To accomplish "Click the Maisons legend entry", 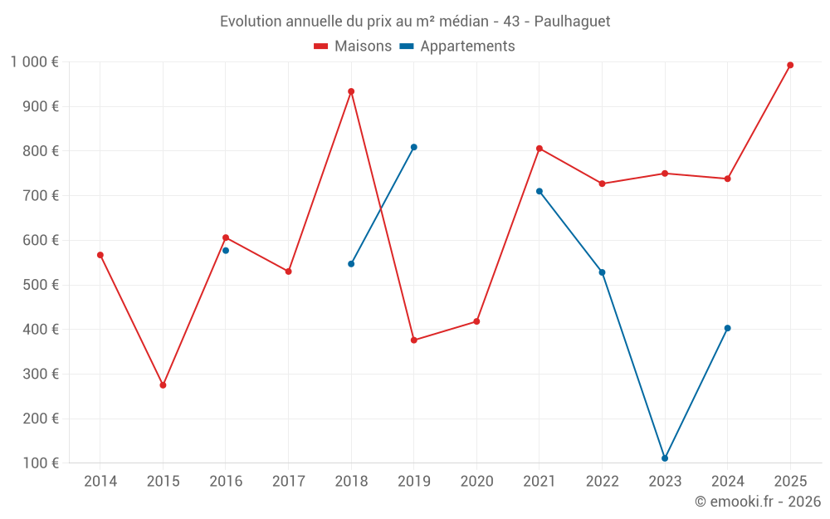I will point(353,47).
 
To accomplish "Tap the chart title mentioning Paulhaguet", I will point(415,22).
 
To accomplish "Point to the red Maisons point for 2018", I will point(351,91).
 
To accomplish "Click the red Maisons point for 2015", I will point(163,385).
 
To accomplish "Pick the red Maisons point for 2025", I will point(790,65).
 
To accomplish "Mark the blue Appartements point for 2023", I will point(665,458).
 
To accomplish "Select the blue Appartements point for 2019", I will point(414,147).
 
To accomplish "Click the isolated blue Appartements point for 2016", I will point(226,250).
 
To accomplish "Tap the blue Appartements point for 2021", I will point(539,191).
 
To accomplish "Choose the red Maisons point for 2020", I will point(476,321).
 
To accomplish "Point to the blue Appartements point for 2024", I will point(728,328).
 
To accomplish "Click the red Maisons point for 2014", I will point(100,255).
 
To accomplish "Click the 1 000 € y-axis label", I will point(34,61).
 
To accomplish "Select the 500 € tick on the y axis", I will point(42,285).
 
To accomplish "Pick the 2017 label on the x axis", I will point(288,482).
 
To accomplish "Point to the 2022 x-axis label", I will point(602,482).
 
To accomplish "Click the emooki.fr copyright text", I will point(757,502).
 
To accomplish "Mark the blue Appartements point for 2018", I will point(351,264).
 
